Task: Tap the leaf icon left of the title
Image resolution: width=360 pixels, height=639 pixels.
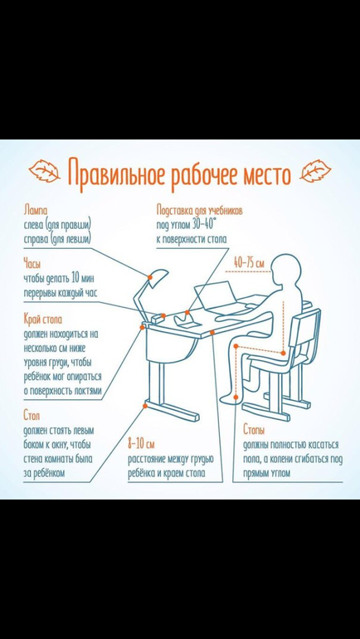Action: click(x=45, y=171)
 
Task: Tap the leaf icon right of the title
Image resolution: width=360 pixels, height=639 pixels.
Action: click(x=315, y=171)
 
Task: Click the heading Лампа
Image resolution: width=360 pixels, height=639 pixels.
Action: click(x=36, y=211)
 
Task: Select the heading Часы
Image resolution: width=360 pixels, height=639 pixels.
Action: click(x=32, y=265)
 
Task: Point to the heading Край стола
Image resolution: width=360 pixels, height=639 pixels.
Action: click(x=43, y=319)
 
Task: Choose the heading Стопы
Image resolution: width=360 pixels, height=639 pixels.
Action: click(x=254, y=430)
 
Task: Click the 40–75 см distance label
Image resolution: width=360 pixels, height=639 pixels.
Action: click(x=248, y=263)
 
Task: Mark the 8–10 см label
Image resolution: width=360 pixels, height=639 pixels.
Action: click(x=141, y=443)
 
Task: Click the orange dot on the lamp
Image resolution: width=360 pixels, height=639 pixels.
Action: click(x=150, y=277)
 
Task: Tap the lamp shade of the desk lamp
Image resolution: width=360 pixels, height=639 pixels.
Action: click(x=158, y=277)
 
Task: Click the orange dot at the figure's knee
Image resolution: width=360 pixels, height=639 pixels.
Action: click(x=236, y=346)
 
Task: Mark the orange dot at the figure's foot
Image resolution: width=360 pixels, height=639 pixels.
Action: click(x=236, y=396)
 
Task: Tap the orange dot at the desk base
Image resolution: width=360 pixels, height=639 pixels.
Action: click(x=144, y=406)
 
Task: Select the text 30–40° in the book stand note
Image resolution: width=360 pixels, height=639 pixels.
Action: click(x=204, y=225)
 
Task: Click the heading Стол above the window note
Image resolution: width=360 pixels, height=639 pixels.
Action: click(x=32, y=417)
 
